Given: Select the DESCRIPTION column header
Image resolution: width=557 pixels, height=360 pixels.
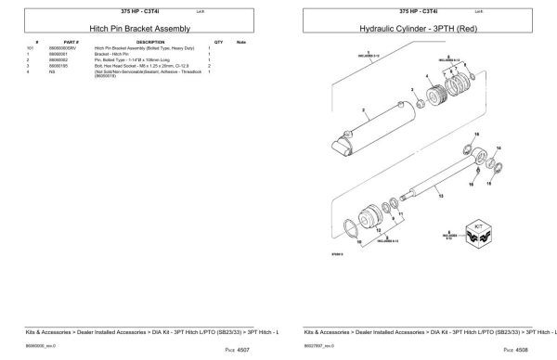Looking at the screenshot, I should pyautogui.click(x=149, y=43).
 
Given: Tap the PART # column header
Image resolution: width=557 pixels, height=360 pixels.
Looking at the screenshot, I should pyautogui.click(x=71, y=43).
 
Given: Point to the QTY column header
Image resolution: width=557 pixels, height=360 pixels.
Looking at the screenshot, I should pyautogui.click(x=218, y=43).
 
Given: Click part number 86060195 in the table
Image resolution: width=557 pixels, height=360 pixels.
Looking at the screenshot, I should pyautogui.click(x=71, y=66).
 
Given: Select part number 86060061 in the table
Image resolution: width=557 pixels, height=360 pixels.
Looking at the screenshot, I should pyautogui.click(x=71, y=55).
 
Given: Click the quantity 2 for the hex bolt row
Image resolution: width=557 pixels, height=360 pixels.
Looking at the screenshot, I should pyautogui.click(x=211, y=66).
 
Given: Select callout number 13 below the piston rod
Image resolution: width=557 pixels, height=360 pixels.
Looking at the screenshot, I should pyautogui.click(x=439, y=198).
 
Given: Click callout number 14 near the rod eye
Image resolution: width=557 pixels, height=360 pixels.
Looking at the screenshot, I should pyautogui.click(x=499, y=148).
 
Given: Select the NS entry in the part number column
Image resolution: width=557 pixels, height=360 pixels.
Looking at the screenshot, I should pyautogui.click(x=66, y=71).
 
